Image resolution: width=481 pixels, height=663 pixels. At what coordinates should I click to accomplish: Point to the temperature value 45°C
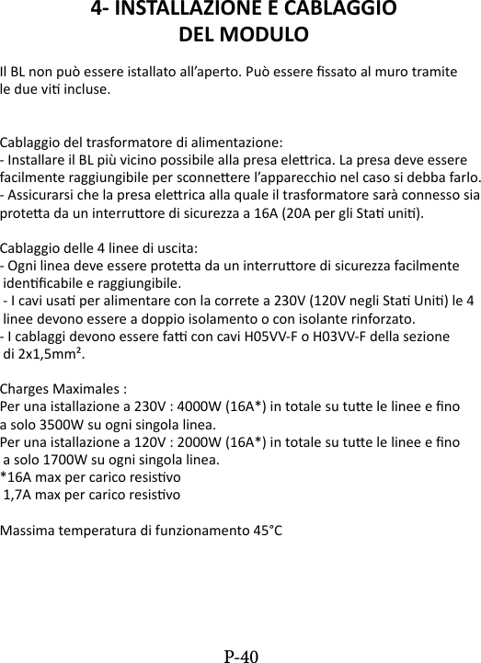coord(267,531)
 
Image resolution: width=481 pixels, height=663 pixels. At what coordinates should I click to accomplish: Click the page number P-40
coord(241,656)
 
